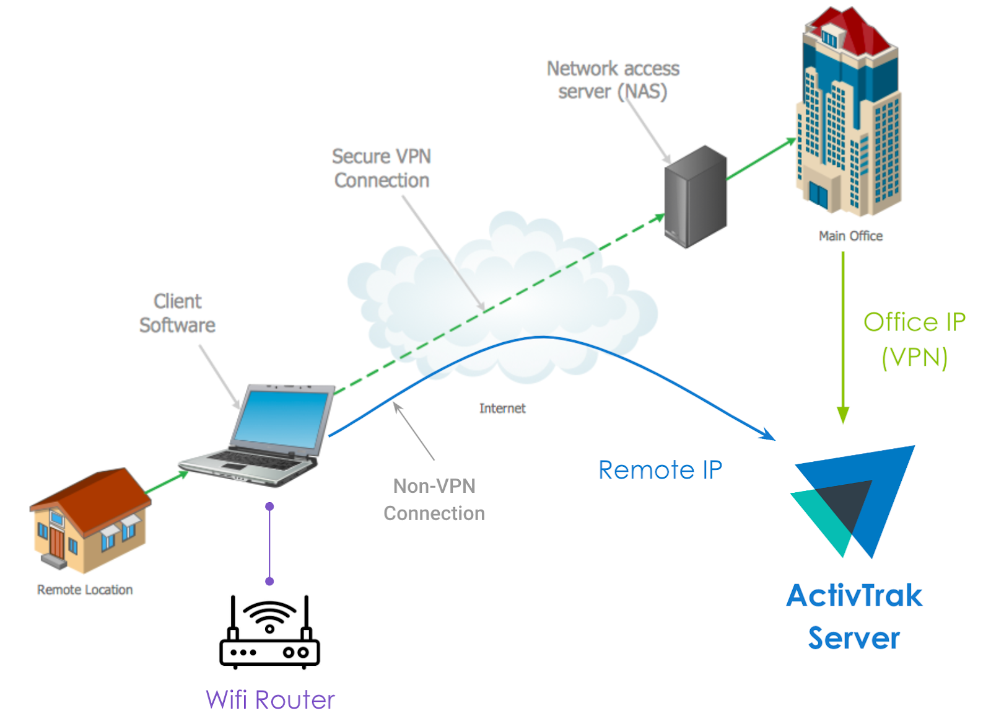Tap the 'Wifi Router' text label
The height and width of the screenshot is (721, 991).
pos(270,700)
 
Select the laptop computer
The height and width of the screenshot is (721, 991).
pos(260,437)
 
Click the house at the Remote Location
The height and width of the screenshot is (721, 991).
pos(90,520)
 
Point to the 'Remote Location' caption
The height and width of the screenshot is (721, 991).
pos(85,590)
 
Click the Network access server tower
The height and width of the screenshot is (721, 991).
pos(695,197)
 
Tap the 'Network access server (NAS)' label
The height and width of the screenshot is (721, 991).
pos(613,80)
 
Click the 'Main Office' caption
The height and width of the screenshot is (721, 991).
pos(850,236)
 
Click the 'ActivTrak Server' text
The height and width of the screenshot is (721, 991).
pos(854,616)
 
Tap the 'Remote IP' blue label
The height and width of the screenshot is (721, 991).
pos(660,470)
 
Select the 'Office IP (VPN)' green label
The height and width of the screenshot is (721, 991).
pos(914,340)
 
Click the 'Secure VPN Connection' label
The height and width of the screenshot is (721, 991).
pos(382,168)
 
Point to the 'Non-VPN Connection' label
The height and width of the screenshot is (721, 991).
pos(434,500)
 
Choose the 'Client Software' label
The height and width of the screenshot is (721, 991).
pos(178,313)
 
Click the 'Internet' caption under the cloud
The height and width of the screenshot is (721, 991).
pos(502,409)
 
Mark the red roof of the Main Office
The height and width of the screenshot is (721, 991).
pos(852,28)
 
